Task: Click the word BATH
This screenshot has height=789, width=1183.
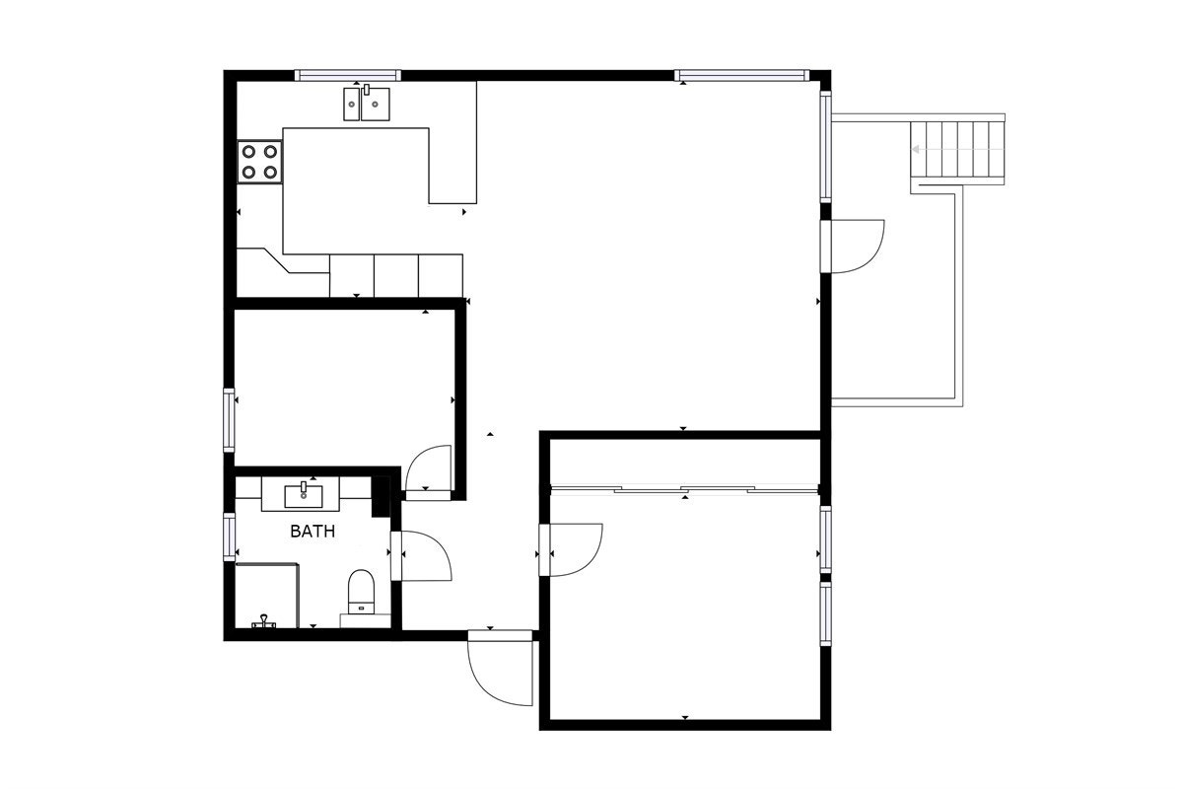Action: click(x=313, y=532)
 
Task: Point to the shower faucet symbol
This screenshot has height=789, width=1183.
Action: click(x=263, y=621)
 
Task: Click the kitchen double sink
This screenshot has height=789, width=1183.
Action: click(x=365, y=103)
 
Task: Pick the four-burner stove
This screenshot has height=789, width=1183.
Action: click(x=259, y=162)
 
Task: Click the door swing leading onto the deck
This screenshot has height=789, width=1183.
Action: click(x=856, y=245)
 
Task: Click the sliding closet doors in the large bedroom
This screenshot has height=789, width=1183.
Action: click(x=685, y=488)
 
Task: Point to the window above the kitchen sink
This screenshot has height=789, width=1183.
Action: click(x=348, y=75)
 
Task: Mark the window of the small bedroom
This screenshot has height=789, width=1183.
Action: click(x=230, y=421)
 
